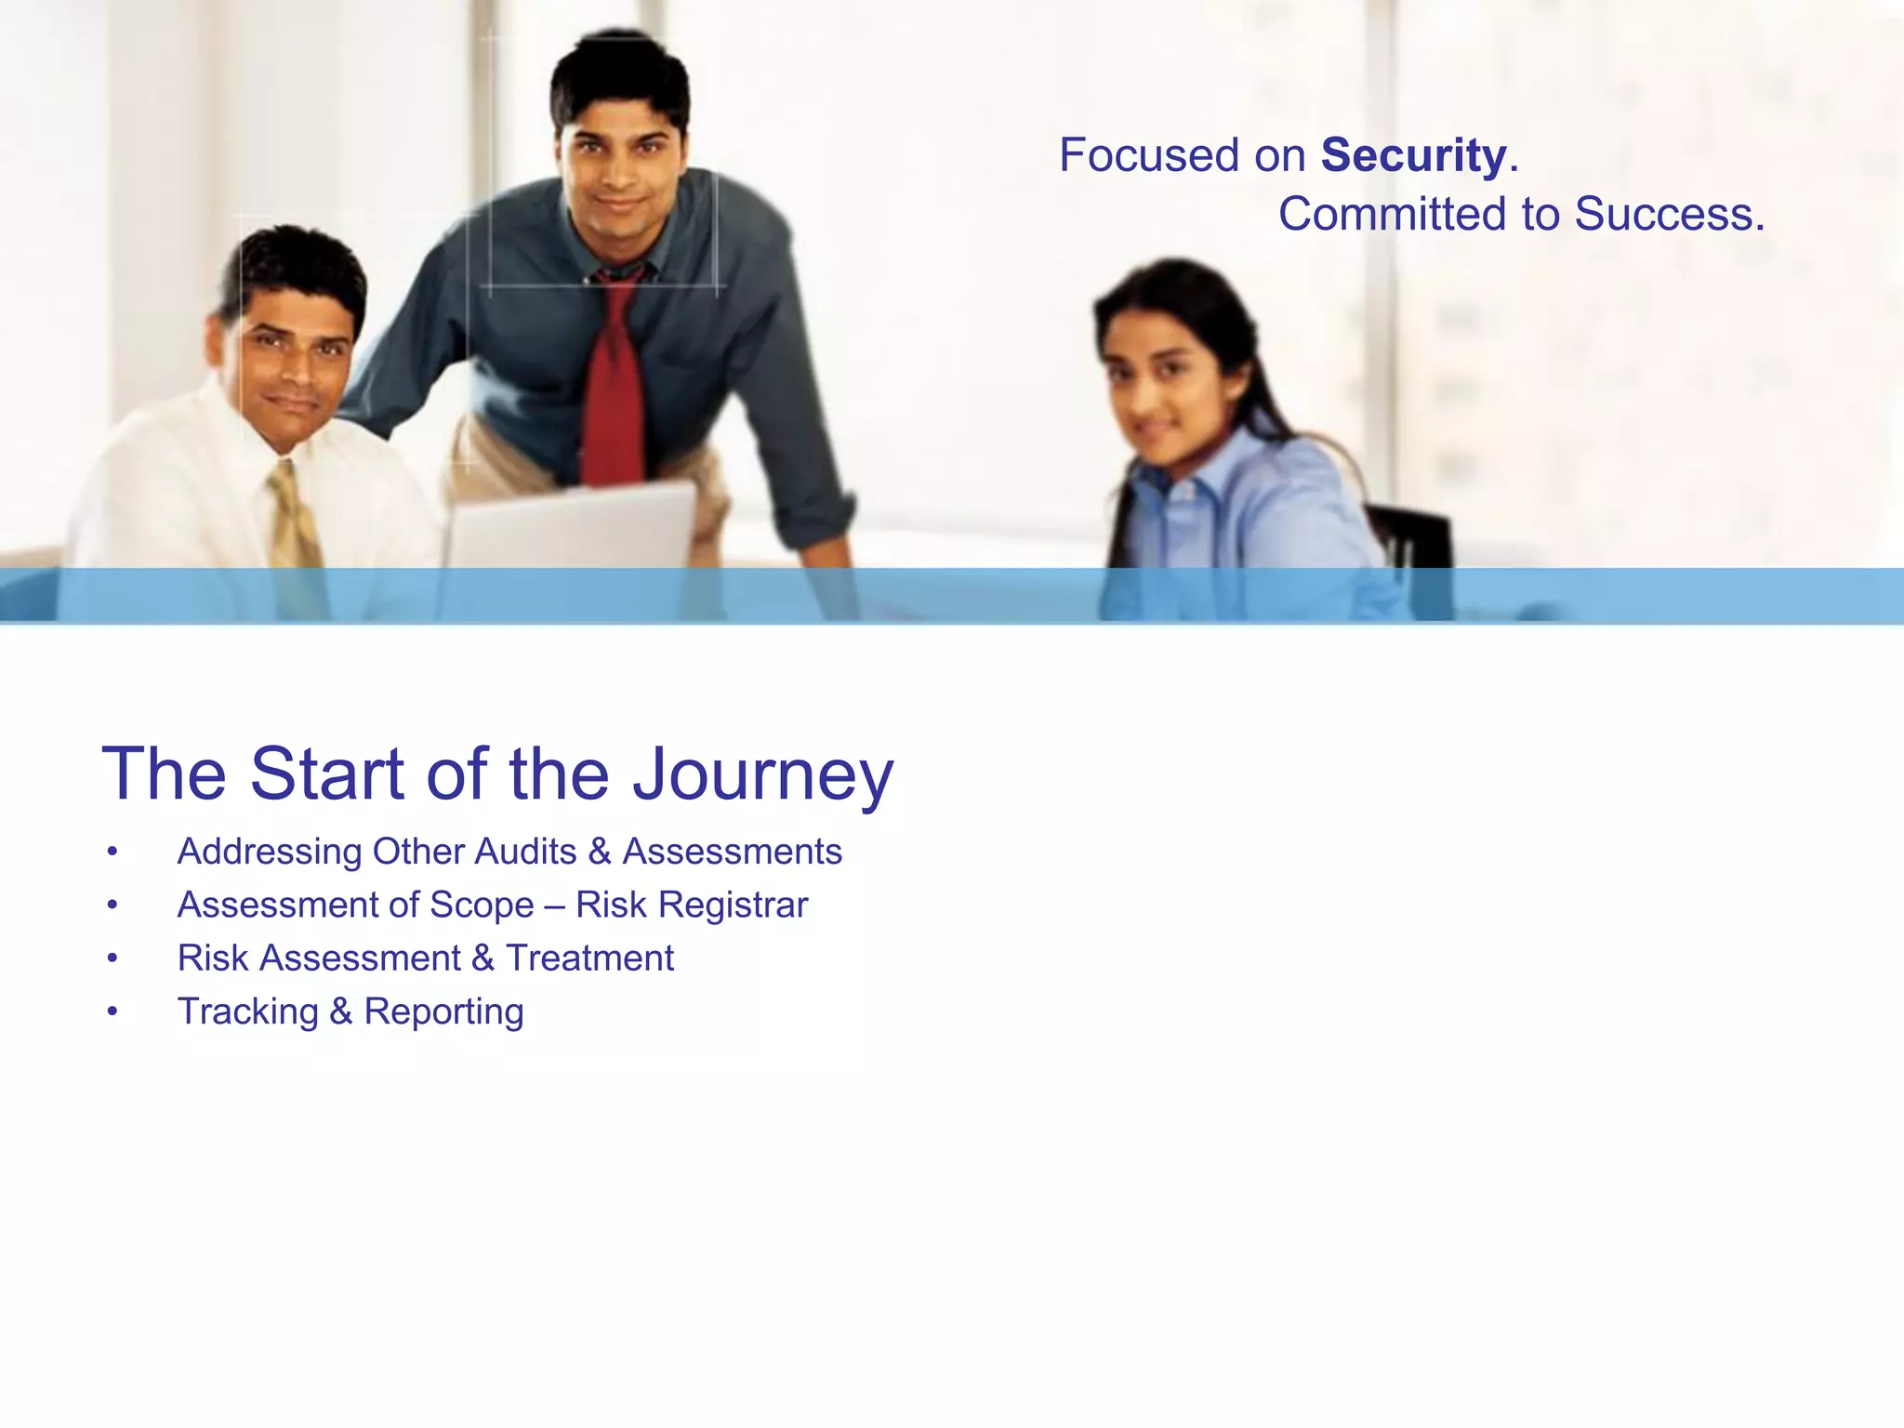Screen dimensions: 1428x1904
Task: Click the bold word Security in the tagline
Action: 1413,155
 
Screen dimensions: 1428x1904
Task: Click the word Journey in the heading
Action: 762,774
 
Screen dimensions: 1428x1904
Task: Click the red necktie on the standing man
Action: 615,381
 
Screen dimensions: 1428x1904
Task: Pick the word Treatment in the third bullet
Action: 589,959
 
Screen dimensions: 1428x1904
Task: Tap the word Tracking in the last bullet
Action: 248,1011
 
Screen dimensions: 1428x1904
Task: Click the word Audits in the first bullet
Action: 525,852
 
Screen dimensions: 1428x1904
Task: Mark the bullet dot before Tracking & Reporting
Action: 112,1011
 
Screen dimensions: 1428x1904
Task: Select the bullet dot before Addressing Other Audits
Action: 112,852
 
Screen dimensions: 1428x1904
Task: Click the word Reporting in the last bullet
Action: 443,1011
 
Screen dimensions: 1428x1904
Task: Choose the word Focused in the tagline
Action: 1149,155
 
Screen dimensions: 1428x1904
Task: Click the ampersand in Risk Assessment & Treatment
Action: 483,959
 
